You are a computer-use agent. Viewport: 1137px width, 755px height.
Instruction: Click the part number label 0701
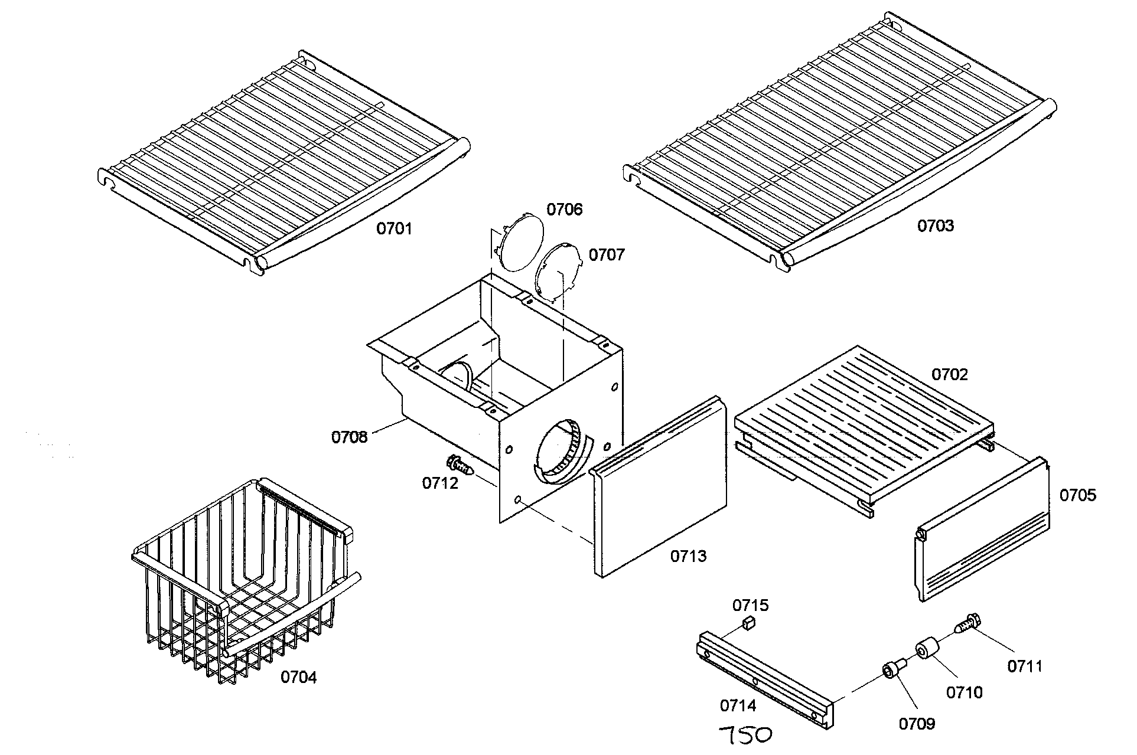click(x=394, y=228)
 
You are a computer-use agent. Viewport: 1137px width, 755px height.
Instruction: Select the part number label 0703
click(x=935, y=225)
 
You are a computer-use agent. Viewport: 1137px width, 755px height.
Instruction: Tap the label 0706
click(x=564, y=210)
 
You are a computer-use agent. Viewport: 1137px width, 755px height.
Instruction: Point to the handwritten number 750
click(x=745, y=736)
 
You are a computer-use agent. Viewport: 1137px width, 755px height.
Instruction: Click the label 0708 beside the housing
click(x=349, y=437)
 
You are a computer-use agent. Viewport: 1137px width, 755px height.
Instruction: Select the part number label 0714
click(x=738, y=705)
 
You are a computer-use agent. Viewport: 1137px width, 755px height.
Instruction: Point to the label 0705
click(x=1077, y=495)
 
